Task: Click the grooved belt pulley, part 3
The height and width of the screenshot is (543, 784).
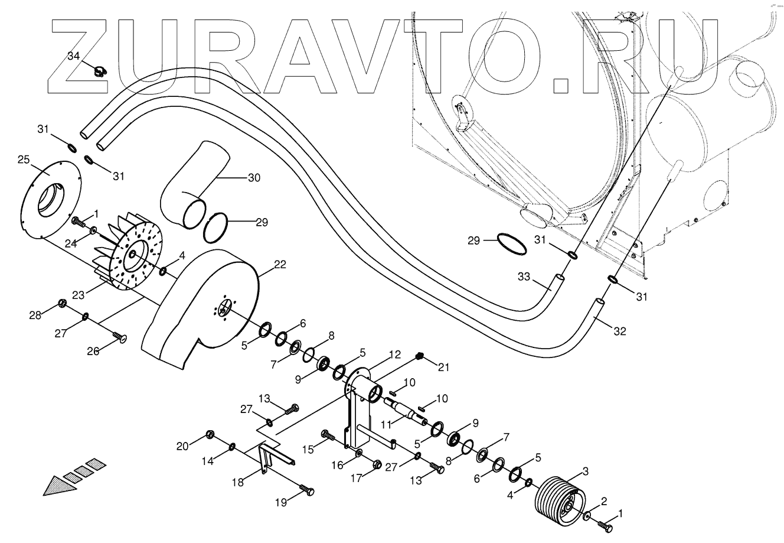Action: point(557,500)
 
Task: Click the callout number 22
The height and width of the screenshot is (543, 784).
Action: point(280,264)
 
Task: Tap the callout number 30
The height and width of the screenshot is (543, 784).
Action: point(253,177)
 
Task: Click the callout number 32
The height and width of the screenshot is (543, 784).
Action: point(619,331)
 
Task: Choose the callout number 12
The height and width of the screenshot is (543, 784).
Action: point(394,356)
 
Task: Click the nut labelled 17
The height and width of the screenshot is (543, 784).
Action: point(376,463)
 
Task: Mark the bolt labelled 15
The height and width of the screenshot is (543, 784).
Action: point(327,436)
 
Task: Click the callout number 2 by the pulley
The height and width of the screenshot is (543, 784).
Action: point(603,502)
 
